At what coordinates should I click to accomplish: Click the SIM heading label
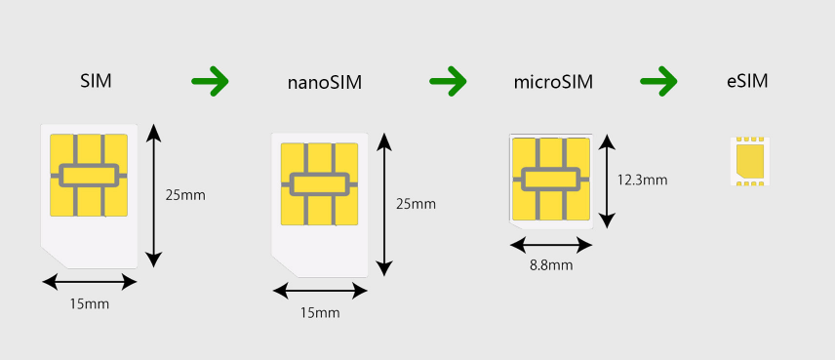[96, 81]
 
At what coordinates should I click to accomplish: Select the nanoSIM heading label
[325, 82]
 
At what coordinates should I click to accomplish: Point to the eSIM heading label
[747, 81]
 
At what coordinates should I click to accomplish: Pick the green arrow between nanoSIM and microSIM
[449, 80]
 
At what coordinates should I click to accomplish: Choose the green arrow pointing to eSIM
[659, 80]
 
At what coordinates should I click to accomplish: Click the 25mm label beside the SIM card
[185, 194]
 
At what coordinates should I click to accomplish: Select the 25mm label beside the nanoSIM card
[416, 204]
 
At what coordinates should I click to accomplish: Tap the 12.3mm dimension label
[642, 180]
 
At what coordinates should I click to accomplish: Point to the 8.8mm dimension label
[550, 264]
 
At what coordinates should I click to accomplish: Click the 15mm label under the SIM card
[90, 304]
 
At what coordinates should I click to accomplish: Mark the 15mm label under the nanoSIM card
[320, 312]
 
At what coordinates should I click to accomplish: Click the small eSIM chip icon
[749, 161]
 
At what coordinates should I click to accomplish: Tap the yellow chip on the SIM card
[89, 175]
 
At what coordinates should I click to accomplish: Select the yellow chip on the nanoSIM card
[319, 184]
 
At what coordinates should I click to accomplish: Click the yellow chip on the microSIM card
[550, 179]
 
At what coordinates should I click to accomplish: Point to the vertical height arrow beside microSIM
[610, 181]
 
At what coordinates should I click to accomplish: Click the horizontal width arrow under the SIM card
[90, 282]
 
